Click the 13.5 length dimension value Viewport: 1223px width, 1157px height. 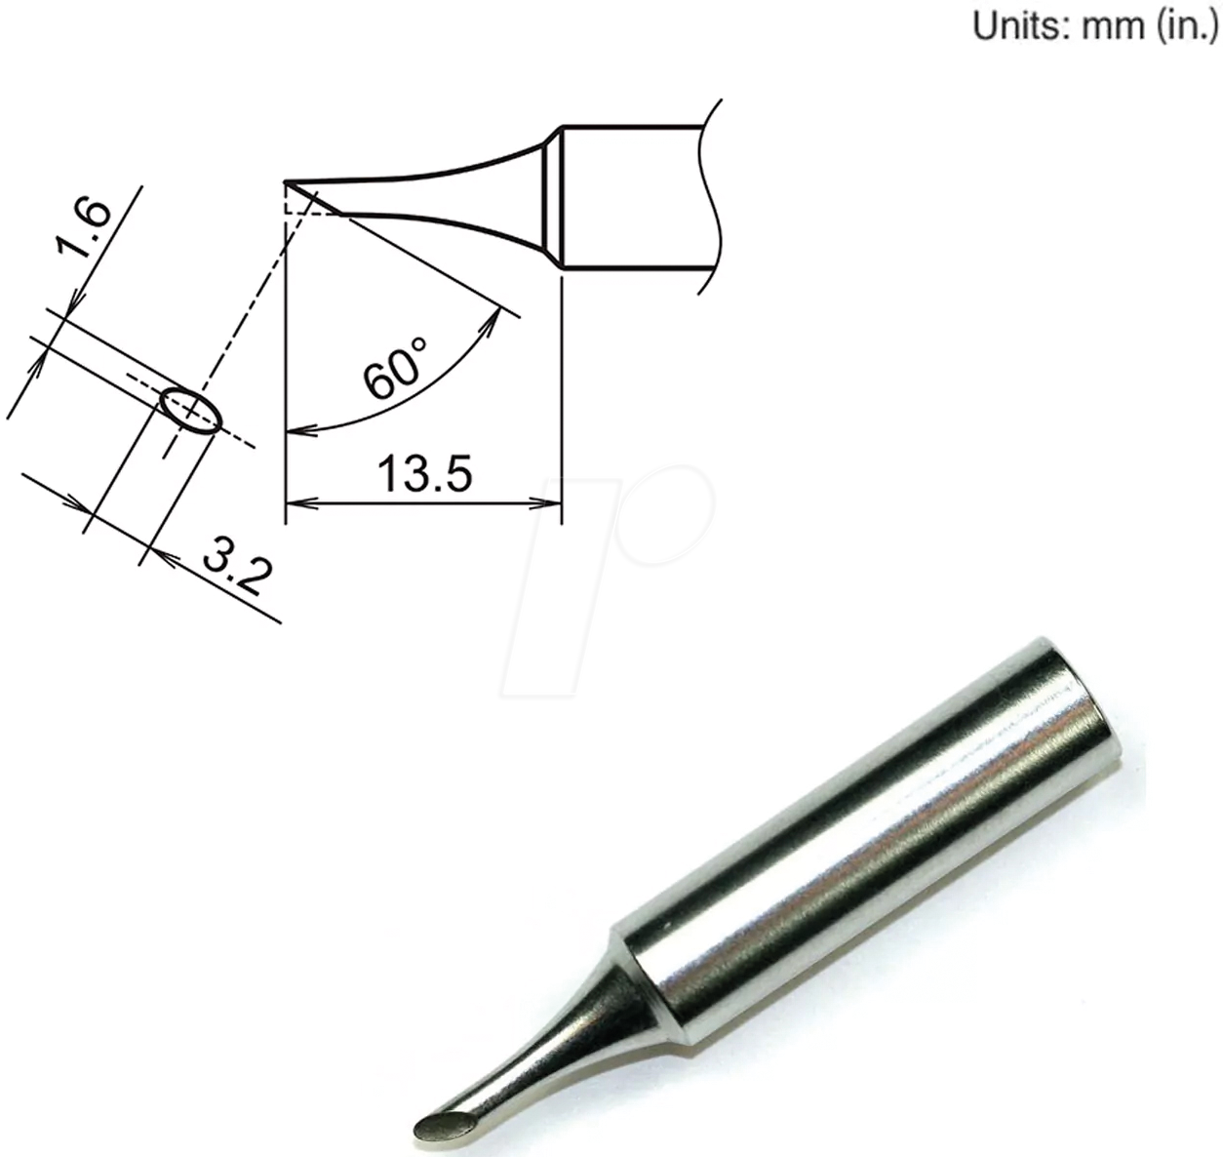[x=424, y=475]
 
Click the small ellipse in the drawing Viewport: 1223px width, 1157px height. [x=190, y=410]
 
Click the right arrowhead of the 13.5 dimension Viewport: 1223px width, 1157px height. [x=551, y=504]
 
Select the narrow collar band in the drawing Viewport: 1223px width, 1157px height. [x=551, y=198]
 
